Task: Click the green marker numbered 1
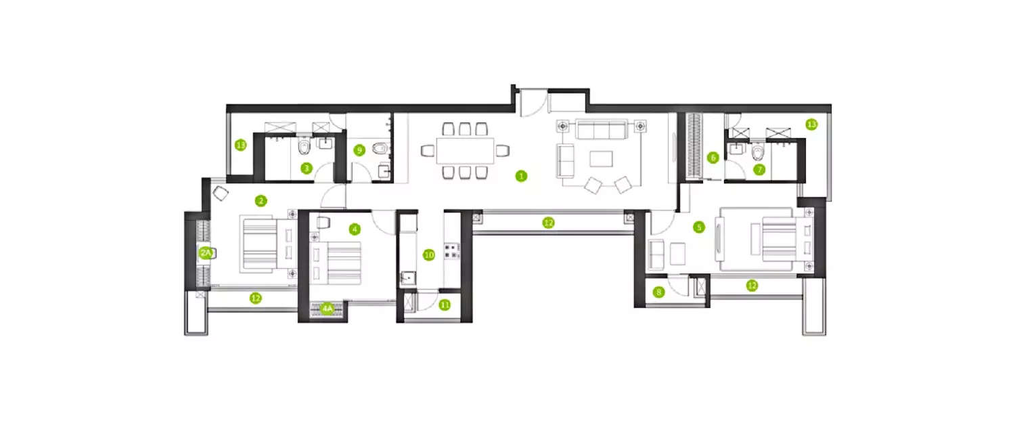pos(520,176)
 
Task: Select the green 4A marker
pos(328,309)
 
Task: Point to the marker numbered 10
pos(428,255)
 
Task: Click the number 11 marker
pos(445,305)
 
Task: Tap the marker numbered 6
pos(713,158)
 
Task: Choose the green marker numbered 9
pos(360,150)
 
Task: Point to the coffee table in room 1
pos(601,158)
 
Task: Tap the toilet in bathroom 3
pos(304,147)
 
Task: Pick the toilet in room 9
pos(380,147)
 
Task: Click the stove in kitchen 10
pos(450,252)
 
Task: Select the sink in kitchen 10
pos(407,277)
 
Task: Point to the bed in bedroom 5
pos(778,240)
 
